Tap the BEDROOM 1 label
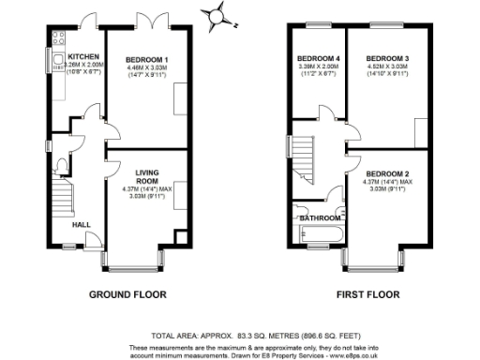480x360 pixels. click(x=146, y=60)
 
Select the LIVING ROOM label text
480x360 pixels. click(x=146, y=177)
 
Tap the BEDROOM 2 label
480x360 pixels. click(x=386, y=174)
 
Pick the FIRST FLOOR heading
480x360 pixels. click(x=367, y=293)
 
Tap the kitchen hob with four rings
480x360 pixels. click(x=57, y=38)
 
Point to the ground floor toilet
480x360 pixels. click(x=61, y=167)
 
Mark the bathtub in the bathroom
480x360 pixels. click(x=318, y=232)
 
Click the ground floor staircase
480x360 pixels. click(x=60, y=197)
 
